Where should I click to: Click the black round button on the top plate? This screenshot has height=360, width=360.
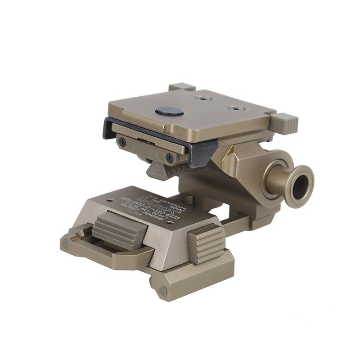tap(169, 111)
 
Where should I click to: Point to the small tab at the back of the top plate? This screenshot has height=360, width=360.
tap(181, 86)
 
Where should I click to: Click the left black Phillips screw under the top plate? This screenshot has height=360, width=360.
tap(122, 142)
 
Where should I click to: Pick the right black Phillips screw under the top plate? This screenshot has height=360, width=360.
tap(169, 157)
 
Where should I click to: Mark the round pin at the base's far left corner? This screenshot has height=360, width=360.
tap(66, 244)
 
